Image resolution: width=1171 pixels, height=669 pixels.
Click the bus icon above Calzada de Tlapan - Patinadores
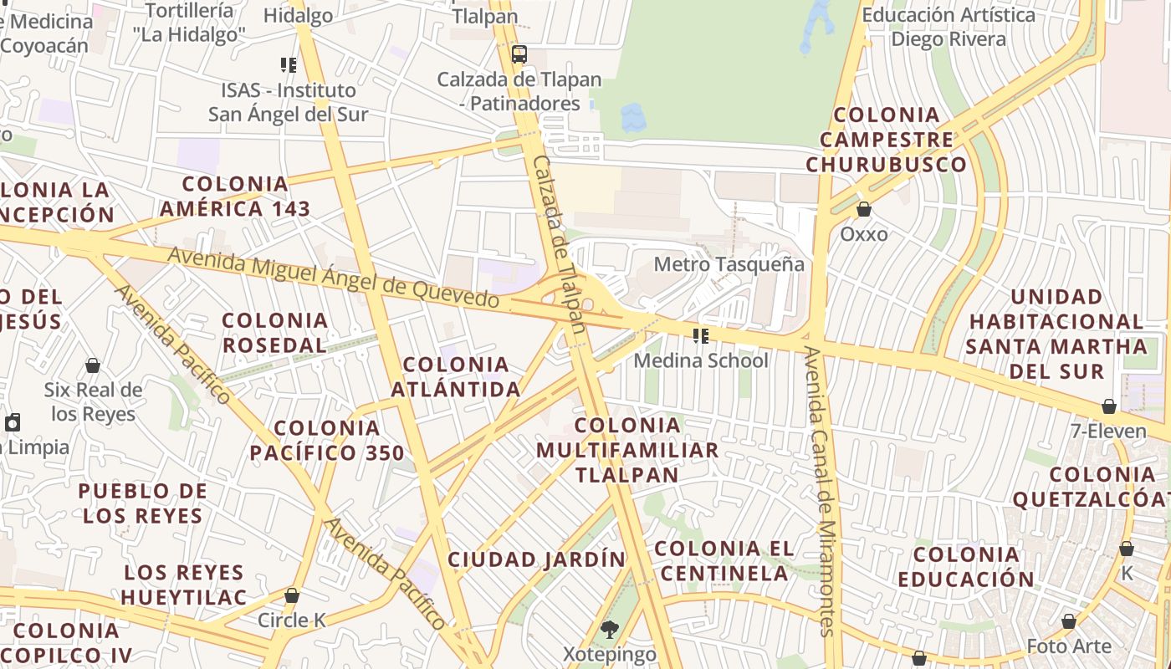point(519,55)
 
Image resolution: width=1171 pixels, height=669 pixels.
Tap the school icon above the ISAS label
point(289,64)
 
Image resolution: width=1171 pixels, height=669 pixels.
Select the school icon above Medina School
point(701,336)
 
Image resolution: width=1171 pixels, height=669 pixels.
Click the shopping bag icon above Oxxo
point(864,209)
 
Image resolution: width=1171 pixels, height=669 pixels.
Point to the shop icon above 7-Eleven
point(1109,406)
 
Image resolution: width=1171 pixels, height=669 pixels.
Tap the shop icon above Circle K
point(292,595)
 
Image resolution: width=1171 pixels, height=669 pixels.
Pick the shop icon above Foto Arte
point(1069,621)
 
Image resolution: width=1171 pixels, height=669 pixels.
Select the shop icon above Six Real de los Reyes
point(93,365)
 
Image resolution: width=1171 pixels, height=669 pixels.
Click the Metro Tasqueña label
point(729,265)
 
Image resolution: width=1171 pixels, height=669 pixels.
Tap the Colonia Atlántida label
point(456,376)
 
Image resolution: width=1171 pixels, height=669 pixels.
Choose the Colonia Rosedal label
point(275,332)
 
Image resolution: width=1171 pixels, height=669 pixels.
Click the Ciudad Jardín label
point(536,559)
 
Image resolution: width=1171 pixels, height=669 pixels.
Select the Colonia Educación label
point(966,566)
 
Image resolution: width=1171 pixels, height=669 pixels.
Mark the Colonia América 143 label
point(235,196)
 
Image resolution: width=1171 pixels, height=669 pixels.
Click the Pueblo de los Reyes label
point(143,503)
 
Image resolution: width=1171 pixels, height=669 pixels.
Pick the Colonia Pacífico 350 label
point(327,441)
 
